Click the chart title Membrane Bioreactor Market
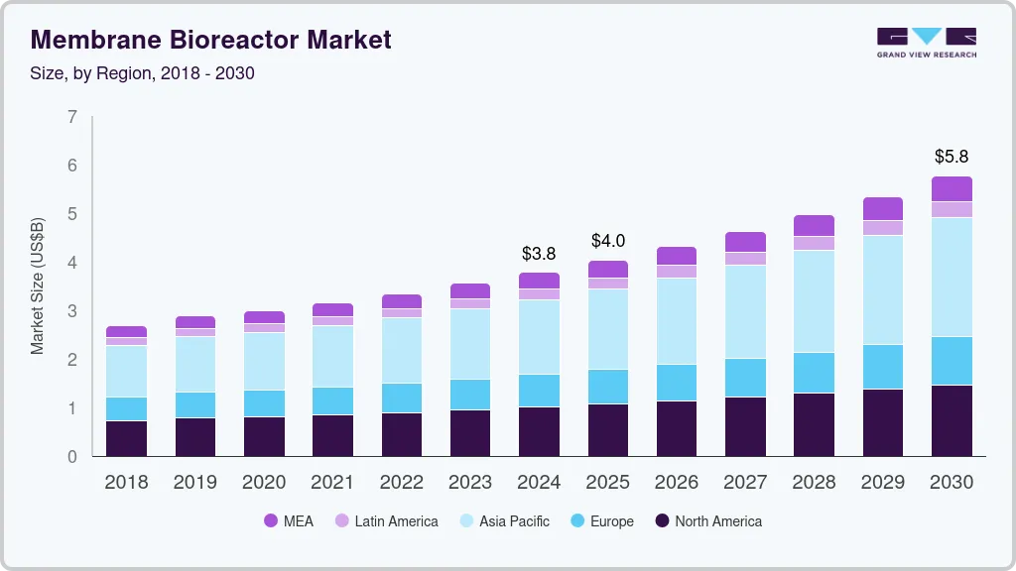(x=211, y=40)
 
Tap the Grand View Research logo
(x=926, y=42)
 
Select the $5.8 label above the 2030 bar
(x=952, y=157)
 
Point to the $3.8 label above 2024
(x=539, y=254)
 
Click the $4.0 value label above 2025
(x=608, y=241)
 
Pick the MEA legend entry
(x=289, y=521)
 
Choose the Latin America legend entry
(x=386, y=521)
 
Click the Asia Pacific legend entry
(x=504, y=521)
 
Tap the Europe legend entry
(x=602, y=521)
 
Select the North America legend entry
(x=708, y=521)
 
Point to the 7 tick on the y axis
(x=72, y=117)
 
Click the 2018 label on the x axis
(x=126, y=483)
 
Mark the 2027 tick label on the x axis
(x=745, y=483)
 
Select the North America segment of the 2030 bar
(x=952, y=420)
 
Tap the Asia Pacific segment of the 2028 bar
(x=815, y=301)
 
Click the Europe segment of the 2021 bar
(x=332, y=400)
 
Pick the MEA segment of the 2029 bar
(x=883, y=208)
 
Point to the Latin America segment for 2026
(x=677, y=272)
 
